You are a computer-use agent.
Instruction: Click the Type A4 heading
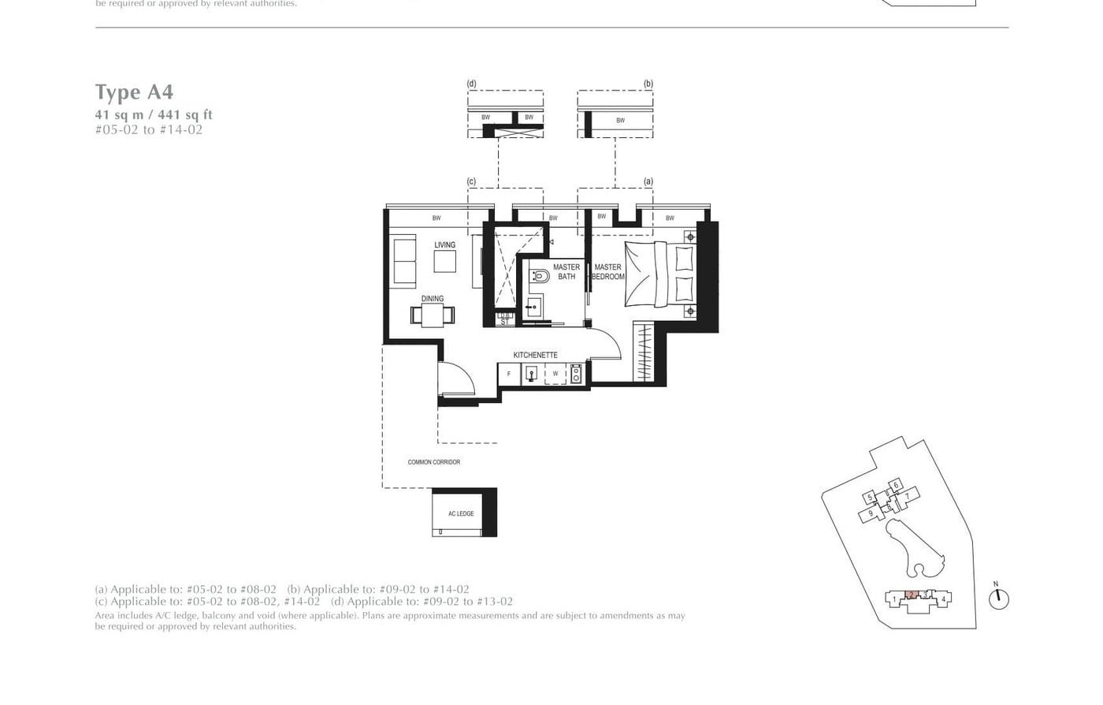tap(134, 92)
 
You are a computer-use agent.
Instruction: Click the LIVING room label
tap(444, 245)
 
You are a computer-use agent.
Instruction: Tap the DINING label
tap(432, 299)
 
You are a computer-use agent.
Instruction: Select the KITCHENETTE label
tap(535, 355)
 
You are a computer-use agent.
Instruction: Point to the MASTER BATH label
tap(566, 272)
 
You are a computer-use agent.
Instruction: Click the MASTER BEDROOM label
tap(607, 272)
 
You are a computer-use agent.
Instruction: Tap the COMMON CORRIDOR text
tap(433, 462)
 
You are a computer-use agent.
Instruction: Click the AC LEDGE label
tap(461, 514)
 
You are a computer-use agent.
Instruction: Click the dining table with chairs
tap(433, 315)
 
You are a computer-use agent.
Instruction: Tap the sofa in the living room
tap(405, 262)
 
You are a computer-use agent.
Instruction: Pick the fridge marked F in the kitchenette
tap(509, 374)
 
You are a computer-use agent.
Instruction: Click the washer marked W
tap(555, 374)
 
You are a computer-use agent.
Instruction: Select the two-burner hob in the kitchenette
tap(576, 374)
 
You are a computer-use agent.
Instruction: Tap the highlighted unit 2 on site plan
tap(911, 595)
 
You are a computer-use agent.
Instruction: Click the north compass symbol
tap(998, 598)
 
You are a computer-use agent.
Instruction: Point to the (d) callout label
tap(471, 84)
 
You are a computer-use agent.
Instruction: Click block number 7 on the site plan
tap(907, 496)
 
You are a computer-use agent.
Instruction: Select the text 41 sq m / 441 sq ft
tap(154, 115)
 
